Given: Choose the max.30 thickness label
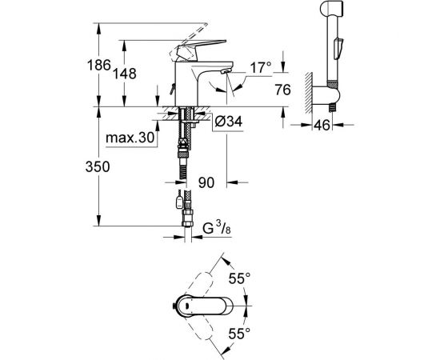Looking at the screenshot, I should click(129, 138).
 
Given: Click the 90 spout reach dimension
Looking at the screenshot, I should click(208, 183).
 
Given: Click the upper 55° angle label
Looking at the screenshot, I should click(242, 278).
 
